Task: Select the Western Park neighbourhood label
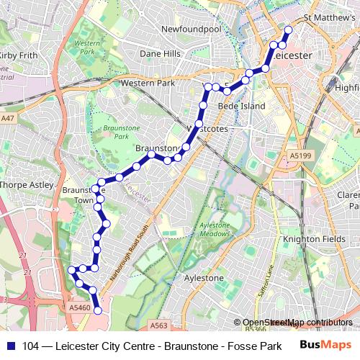pyautogui.click(x=148, y=84)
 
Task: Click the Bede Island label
pyautogui.click(x=242, y=106)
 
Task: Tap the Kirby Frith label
pyautogui.click(x=17, y=55)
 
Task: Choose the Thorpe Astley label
pyautogui.click(x=27, y=185)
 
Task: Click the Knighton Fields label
pyautogui.click(x=310, y=239)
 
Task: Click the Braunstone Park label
pyautogui.click(x=116, y=131)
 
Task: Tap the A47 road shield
pyautogui.click(x=7, y=117)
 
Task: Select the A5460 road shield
pyautogui.click(x=80, y=307)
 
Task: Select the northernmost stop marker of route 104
pyautogui.click(x=288, y=30)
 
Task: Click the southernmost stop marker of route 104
pyautogui.click(x=98, y=310)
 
